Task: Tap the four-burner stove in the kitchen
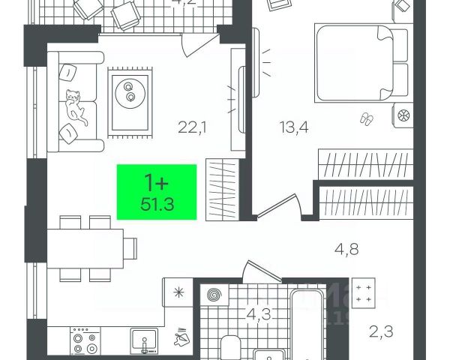click(x=83, y=342)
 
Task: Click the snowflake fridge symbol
click(x=178, y=292)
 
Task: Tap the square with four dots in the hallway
click(x=365, y=293)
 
